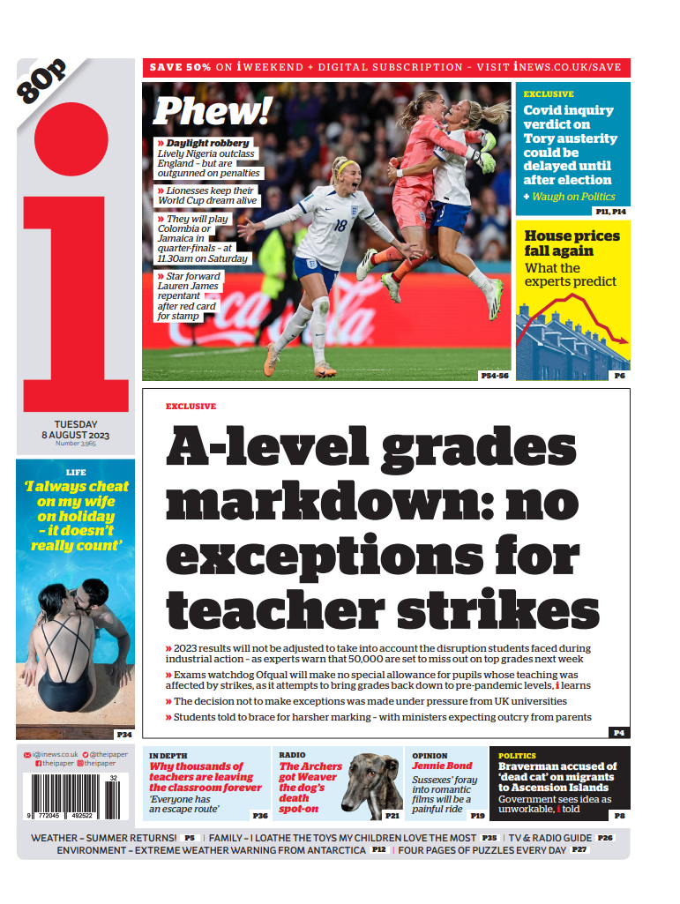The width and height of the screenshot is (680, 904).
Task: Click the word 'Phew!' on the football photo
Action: coord(212,111)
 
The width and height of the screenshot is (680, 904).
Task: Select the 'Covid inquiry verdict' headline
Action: coord(570,146)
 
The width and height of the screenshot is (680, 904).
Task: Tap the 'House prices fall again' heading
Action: coord(572,243)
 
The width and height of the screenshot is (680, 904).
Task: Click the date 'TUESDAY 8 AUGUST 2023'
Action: coord(76,430)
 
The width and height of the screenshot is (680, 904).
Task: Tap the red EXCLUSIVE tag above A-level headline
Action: coord(191,407)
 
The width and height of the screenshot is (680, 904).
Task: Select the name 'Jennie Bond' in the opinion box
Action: coord(442,766)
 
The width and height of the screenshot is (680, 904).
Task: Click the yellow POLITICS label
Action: coord(517,756)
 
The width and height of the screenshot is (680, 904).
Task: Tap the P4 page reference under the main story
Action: coord(619,732)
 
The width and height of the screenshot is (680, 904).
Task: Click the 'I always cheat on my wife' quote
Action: coord(76,516)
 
